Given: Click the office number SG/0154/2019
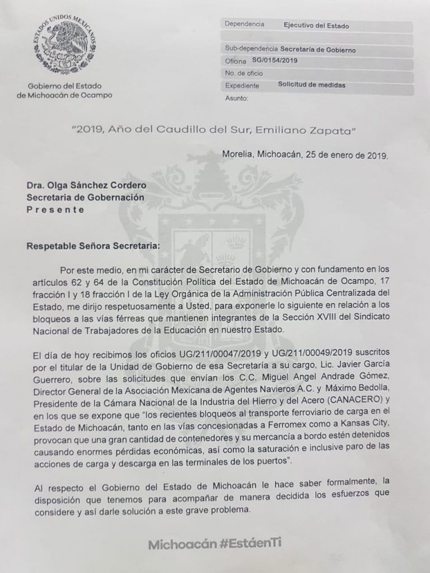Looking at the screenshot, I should (275, 60).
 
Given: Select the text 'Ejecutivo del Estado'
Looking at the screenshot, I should (317, 25).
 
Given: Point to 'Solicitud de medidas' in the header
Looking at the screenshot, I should (311, 86).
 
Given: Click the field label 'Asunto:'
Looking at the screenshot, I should (236, 98).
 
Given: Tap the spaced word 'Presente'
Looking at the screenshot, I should (56, 210).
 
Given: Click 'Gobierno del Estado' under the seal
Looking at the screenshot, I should (64, 86).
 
